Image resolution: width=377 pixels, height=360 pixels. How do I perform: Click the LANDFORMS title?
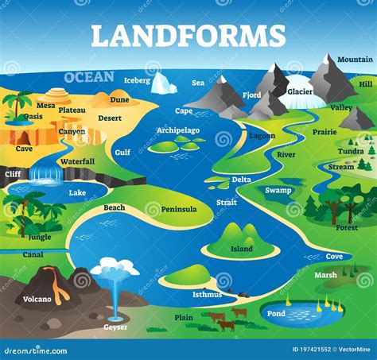[188, 36]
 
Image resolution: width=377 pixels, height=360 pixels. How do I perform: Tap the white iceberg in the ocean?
[164, 83]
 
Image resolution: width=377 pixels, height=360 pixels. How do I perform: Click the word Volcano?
[37, 300]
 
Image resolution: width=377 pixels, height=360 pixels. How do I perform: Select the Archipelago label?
[178, 130]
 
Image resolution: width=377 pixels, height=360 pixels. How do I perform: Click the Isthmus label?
[207, 294]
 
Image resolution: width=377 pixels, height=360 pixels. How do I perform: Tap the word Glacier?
[300, 91]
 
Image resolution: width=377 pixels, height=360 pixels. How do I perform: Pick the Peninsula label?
[179, 209]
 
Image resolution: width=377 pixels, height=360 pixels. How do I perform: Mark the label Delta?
[241, 180]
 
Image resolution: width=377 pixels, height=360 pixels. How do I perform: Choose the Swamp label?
[278, 190]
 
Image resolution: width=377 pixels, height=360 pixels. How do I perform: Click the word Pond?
[276, 313]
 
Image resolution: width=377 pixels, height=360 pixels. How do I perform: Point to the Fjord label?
[251, 95]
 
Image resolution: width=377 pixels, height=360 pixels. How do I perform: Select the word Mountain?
[354, 60]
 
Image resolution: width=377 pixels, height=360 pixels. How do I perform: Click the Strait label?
[226, 203]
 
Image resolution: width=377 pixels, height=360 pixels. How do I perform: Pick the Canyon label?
[72, 131]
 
